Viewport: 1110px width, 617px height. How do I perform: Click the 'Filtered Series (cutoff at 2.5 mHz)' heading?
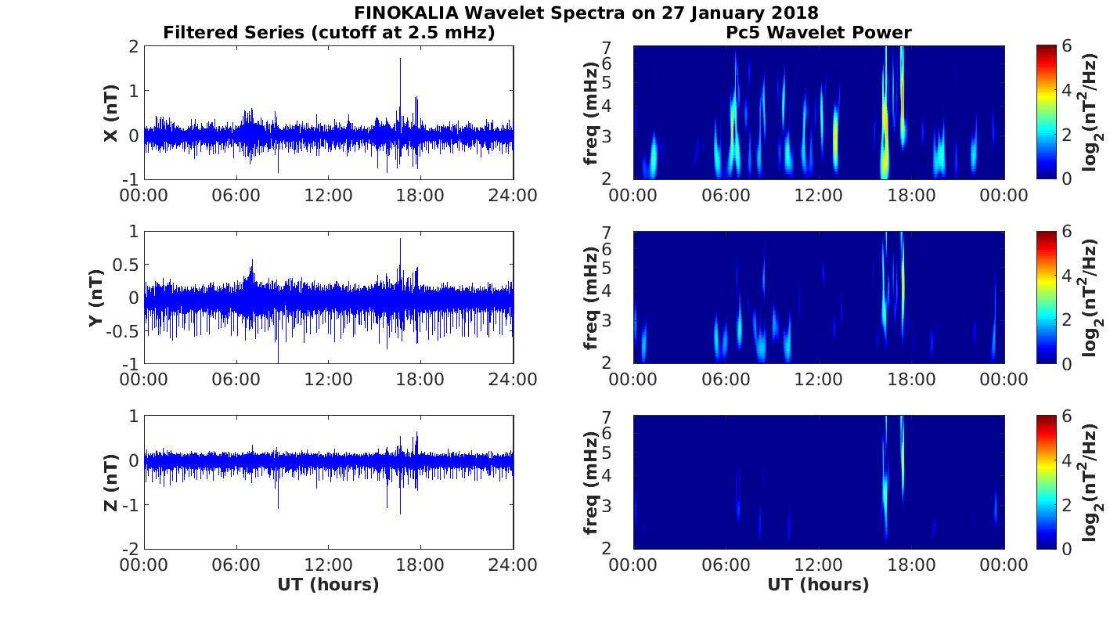[x=329, y=33]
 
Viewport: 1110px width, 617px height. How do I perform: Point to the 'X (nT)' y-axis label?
[x=111, y=114]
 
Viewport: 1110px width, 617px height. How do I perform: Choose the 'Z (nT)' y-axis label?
[x=111, y=483]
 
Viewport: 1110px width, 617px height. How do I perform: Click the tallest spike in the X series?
[x=400, y=60]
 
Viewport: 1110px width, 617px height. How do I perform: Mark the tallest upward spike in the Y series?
[x=400, y=240]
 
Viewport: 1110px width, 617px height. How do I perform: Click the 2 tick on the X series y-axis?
[x=134, y=47]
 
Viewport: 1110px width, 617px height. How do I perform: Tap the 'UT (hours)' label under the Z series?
[x=328, y=585]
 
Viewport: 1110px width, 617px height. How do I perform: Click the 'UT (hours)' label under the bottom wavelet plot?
[x=818, y=585]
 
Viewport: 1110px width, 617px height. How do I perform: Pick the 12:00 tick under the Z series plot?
[x=328, y=564]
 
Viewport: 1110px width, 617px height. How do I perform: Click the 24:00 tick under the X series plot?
[x=513, y=195]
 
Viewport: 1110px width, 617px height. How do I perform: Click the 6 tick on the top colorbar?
[x=1067, y=47]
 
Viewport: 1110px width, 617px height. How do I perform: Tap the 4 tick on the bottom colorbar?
[x=1067, y=460]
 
